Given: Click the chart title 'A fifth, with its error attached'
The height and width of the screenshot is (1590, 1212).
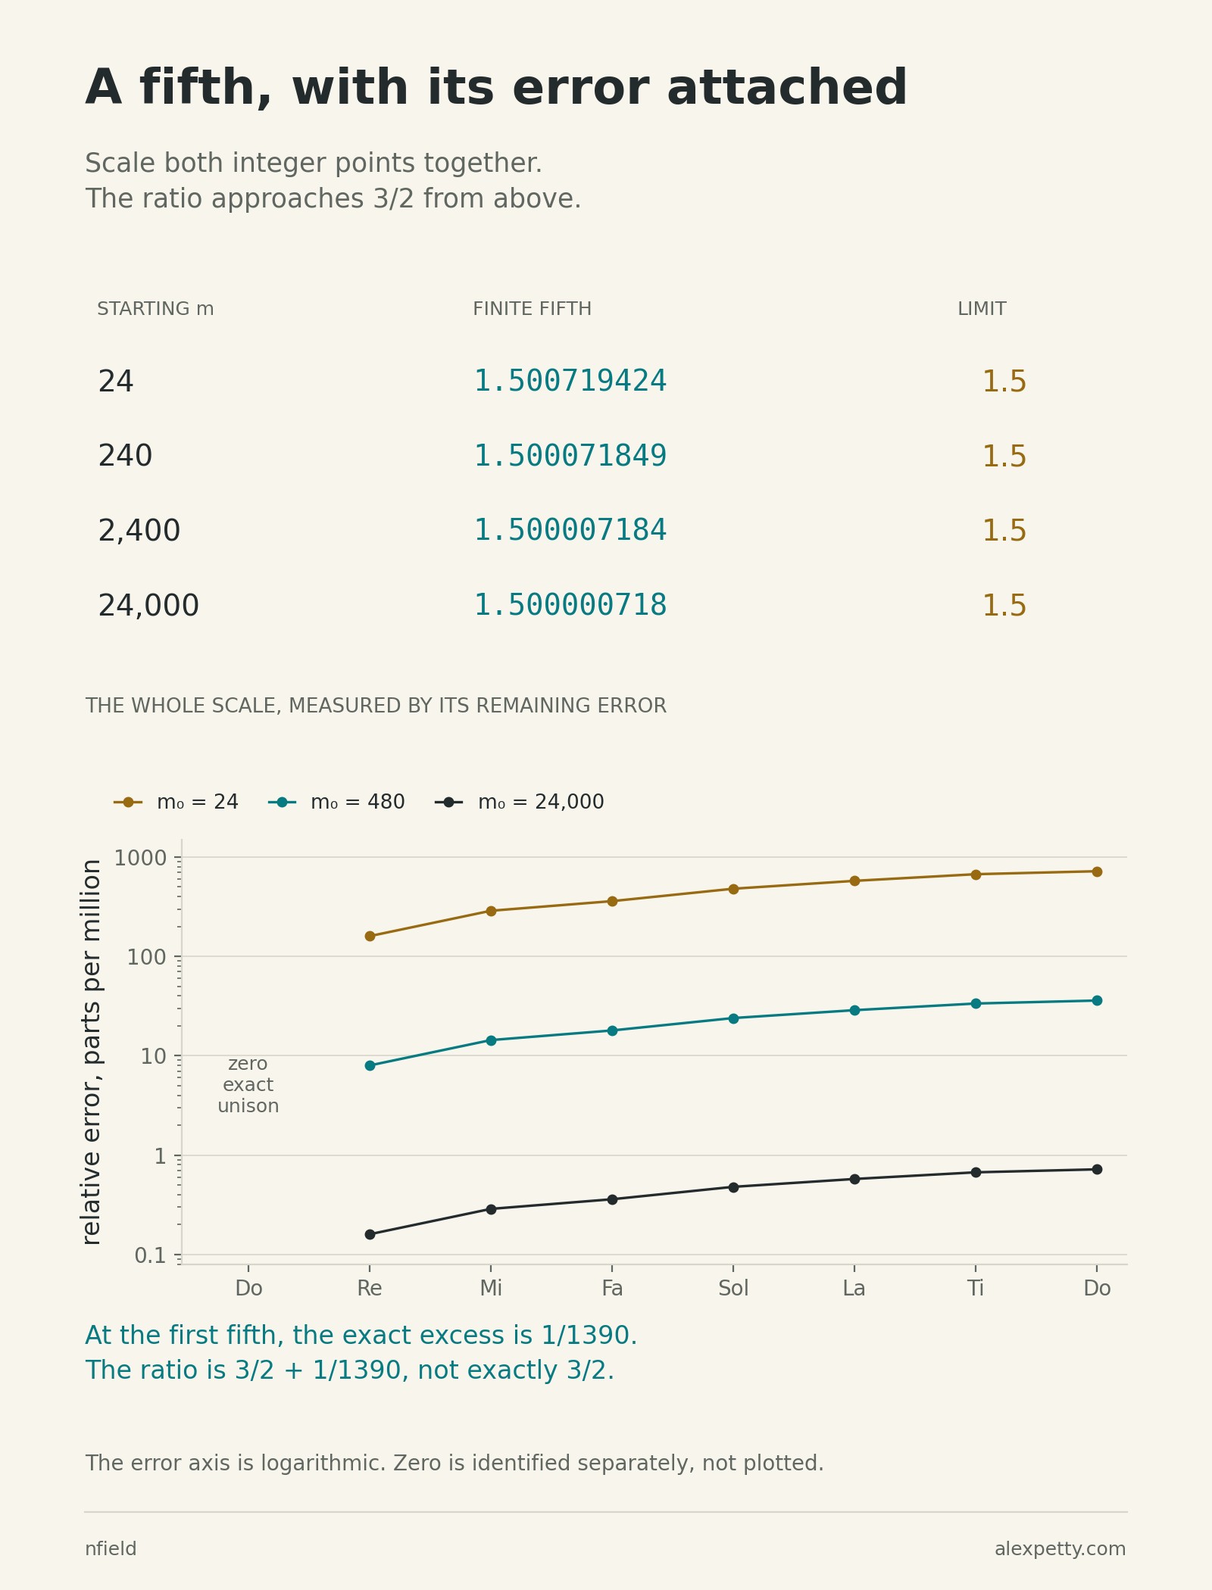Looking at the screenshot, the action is [x=496, y=89].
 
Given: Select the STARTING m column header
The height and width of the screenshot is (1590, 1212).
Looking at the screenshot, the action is [x=155, y=309].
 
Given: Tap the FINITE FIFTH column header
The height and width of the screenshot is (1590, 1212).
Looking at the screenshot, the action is [x=532, y=309].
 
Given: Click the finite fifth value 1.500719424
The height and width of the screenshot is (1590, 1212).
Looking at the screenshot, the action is [x=570, y=381].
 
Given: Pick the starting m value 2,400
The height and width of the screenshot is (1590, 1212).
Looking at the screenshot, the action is [x=139, y=531].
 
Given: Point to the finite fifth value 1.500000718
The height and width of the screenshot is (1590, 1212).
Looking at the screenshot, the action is [x=570, y=605].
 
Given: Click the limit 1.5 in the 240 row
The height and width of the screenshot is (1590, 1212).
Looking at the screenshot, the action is [x=1004, y=457].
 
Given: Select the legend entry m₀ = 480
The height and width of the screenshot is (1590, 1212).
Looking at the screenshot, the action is [x=336, y=802].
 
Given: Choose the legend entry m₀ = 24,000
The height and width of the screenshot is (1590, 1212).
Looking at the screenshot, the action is [x=520, y=802].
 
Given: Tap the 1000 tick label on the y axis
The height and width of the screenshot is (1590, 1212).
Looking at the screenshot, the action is [x=140, y=858].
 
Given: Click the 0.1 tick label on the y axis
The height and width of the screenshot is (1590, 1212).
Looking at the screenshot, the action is [x=150, y=1256].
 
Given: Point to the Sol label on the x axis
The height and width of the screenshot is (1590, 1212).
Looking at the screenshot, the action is [x=733, y=1288].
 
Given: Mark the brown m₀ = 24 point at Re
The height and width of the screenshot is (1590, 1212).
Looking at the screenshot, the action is [x=370, y=936].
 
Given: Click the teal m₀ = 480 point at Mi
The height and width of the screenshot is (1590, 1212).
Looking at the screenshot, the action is [x=491, y=1040].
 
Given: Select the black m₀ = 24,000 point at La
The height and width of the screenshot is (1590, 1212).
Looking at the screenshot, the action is [x=854, y=1179].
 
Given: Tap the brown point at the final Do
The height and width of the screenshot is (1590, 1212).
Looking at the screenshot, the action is [x=1097, y=871].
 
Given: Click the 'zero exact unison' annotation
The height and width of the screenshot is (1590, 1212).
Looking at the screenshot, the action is [x=248, y=1085].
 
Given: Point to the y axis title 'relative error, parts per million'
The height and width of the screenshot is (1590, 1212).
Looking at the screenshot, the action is [x=92, y=1052].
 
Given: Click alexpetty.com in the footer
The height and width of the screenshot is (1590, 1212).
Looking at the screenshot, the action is [x=1060, y=1549].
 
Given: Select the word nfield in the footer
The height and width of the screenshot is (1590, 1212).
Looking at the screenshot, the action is [x=111, y=1549].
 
